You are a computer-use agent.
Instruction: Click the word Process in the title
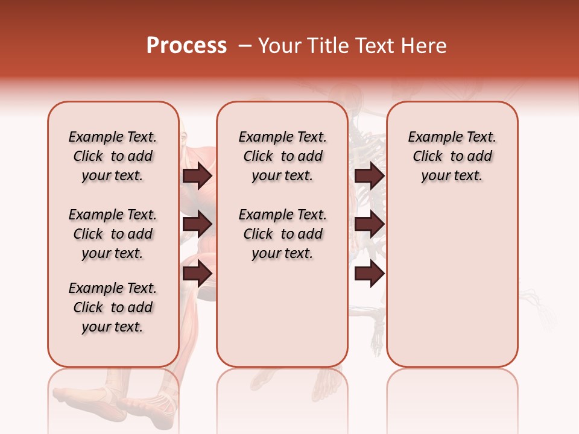click(186, 46)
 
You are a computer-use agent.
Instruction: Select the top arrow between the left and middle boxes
click(197, 175)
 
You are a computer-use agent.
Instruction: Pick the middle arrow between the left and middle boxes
click(197, 224)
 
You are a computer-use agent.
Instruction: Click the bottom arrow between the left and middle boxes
click(197, 272)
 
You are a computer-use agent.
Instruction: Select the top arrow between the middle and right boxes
click(370, 175)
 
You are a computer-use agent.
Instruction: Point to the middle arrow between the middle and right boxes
click(370, 224)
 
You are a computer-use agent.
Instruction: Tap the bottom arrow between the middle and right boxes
click(370, 272)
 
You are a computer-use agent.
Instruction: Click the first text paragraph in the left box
click(113, 156)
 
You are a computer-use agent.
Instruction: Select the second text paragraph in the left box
click(113, 234)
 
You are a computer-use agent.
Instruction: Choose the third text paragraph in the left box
click(113, 307)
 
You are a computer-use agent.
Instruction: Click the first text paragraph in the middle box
click(282, 156)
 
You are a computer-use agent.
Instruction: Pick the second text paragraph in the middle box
click(282, 234)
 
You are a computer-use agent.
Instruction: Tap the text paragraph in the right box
click(452, 156)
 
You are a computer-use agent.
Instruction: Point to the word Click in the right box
click(428, 157)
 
